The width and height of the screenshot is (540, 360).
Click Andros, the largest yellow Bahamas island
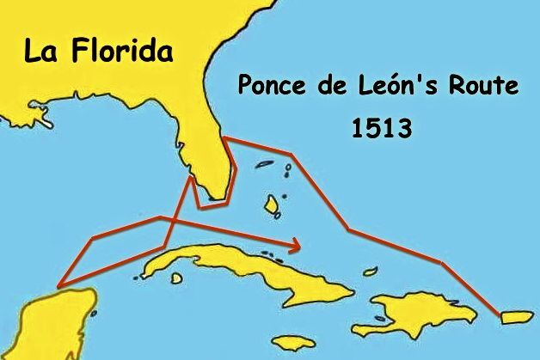(x=274, y=204)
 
